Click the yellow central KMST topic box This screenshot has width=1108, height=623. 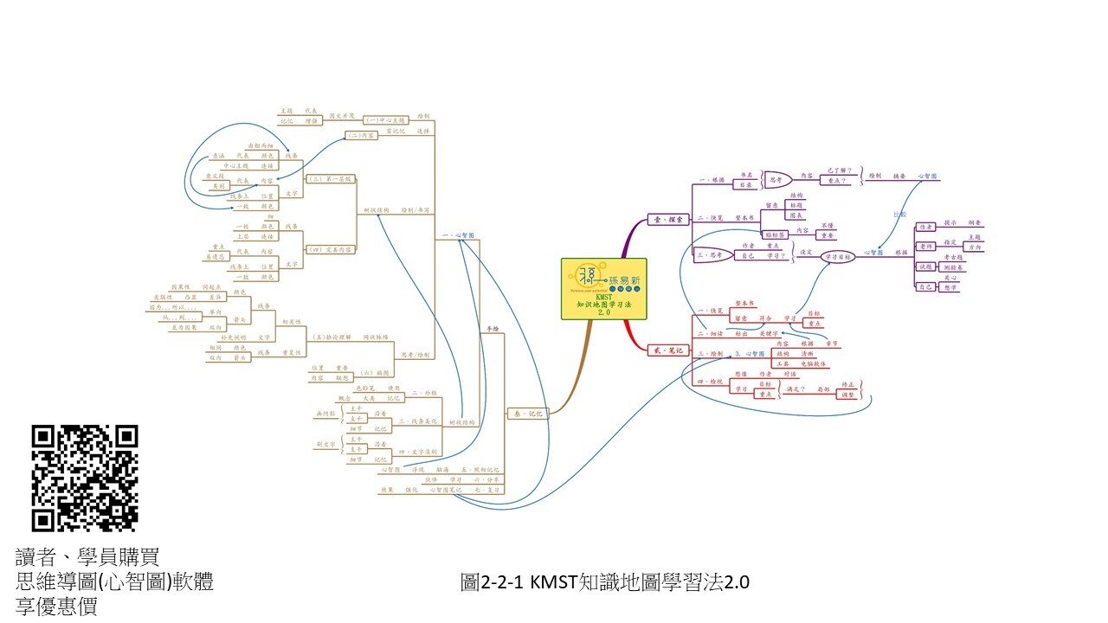pos(603,288)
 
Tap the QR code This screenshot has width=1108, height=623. pos(85,478)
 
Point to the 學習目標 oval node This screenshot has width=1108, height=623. pos(838,257)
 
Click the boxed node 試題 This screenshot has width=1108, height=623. pos(926,267)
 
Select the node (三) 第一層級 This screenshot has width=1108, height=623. pos(331,179)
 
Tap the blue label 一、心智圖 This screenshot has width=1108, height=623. pos(458,235)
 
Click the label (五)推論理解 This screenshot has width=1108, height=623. pos(331,337)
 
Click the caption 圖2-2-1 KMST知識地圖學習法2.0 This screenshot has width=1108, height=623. pos(604,582)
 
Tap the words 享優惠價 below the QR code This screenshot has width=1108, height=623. pos(56,607)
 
